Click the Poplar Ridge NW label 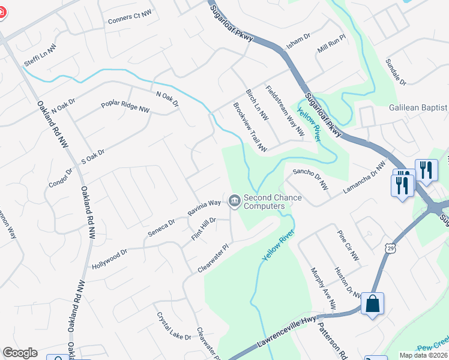click(x=127, y=107)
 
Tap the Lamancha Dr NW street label click(x=364, y=178)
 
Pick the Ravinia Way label click(x=204, y=208)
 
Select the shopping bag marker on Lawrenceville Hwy click(x=373, y=304)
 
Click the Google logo click(x=20, y=353)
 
